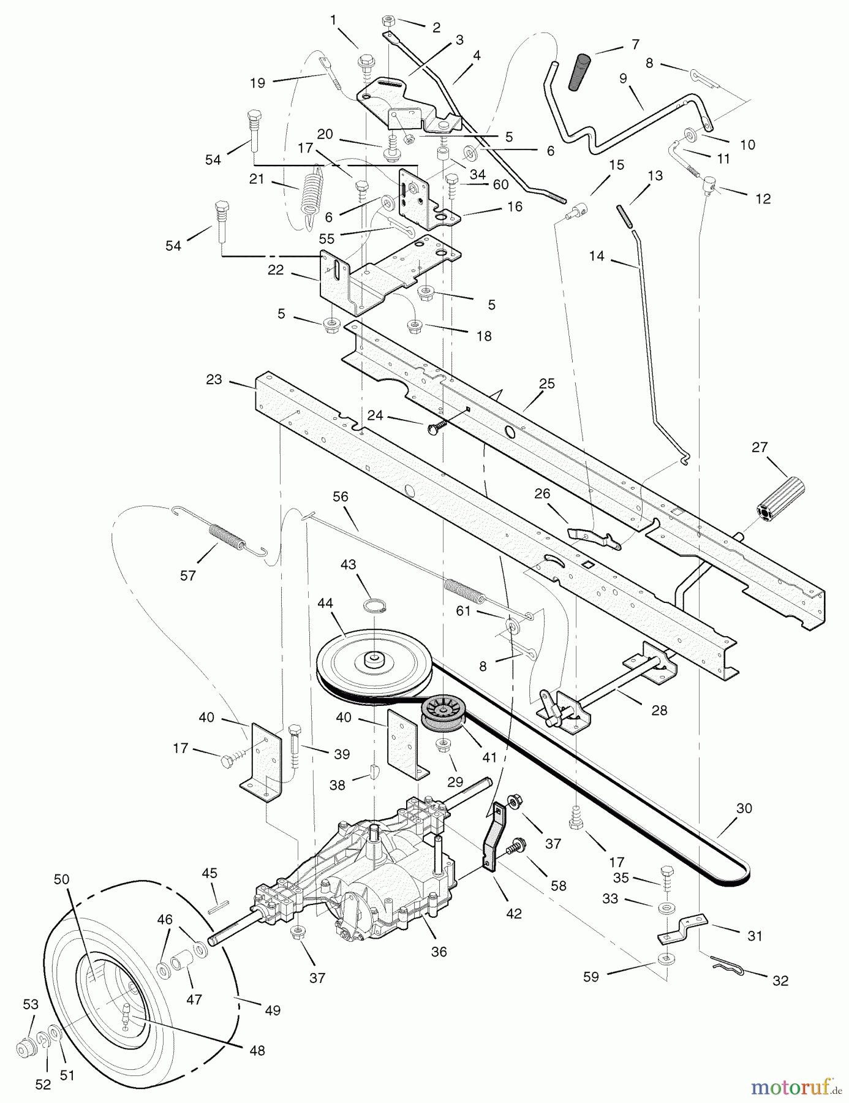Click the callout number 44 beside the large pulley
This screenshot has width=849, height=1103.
click(325, 604)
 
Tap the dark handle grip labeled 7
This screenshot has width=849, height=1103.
click(580, 72)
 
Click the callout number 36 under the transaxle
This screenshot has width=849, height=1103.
click(439, 952)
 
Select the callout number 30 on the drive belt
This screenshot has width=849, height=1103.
click(744, 808)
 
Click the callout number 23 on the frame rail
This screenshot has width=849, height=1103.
click(214, 380)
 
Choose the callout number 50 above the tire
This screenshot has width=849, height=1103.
click(61, 879)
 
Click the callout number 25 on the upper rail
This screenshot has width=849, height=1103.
click(546, 384)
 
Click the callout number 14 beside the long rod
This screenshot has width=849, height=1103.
click(597, 256)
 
